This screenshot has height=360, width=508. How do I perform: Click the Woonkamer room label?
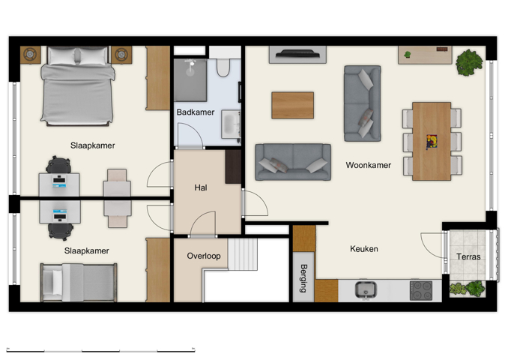pyautogui.click(x=368, y=165)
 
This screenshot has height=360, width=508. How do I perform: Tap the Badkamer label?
pyautogui.click(x=196, y=112)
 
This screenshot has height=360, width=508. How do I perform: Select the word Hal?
pyautogui.click(x=201, y=187)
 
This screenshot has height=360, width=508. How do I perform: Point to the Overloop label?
pyautogui.click(x=204, y=256)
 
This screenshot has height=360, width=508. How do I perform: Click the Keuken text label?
pyautogui.click(x=364, y=249)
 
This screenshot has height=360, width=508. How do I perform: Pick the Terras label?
pyautogui.click(x=468, y=257)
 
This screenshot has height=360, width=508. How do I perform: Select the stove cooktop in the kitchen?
pyautogui.click(x=420, y=290)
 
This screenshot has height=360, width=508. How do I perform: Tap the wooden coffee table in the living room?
pyautogui.click(x=292, y=105)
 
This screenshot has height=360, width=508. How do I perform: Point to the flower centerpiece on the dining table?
pyautogui.click(x=432, y=141)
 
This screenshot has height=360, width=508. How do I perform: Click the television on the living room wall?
pyautogui.click(x=297, y=54)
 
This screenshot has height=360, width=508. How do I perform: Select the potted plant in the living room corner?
pyautogui.click(x=470, y=61)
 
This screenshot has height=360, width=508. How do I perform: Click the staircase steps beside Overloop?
pyautogui.click(x=243, y=253)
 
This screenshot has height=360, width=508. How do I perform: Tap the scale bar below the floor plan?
pyautogui.click(x=100, y=349)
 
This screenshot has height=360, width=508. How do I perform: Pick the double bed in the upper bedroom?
pyautogui.click(x=78, y=86)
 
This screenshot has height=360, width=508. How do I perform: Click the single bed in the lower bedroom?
pyautogui.click(x=79, y=282)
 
